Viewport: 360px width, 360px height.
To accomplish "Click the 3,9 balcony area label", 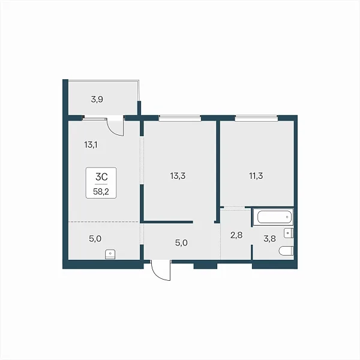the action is pos(97,100).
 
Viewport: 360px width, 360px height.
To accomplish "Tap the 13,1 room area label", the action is pos(91,145).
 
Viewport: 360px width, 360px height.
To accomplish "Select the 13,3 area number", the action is pos(178,176).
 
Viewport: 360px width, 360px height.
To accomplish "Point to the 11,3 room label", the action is pos(256,176).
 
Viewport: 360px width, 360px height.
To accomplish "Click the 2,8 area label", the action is pos(236,235).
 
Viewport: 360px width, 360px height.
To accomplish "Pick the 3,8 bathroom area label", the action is pos(269,239).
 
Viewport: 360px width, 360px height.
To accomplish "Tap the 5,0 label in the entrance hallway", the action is pos(181,242).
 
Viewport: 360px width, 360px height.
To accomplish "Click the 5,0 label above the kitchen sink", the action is pos(95,239).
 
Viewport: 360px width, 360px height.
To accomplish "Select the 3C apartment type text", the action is pos(101,177).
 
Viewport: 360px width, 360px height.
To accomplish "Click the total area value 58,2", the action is pos(101,191).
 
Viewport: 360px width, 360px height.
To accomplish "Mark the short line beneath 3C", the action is pos(101,184).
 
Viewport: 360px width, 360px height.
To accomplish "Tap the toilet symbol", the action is pos(286,251).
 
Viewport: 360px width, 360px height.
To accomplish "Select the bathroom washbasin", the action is pos(289,233).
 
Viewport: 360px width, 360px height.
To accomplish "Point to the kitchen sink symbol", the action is pos(110,254).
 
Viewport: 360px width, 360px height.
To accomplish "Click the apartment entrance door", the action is pos(161,270).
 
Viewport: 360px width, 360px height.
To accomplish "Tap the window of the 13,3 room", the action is pos(180,118).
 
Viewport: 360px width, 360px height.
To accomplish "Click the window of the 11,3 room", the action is pos(256,118).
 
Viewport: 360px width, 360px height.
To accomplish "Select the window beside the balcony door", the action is pos(95,119).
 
